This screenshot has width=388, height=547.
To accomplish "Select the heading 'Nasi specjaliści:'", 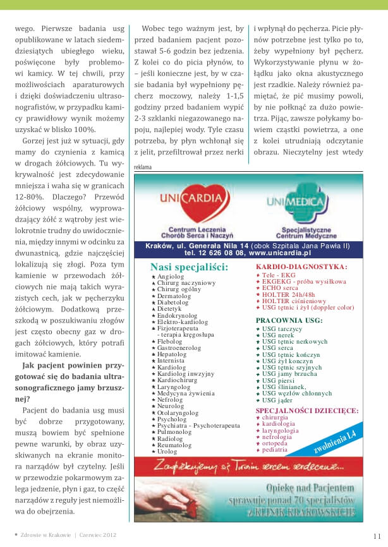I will point(189,267).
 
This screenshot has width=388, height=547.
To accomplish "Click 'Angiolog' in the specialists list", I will point(170,277).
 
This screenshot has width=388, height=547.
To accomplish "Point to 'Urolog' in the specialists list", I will point(167,452).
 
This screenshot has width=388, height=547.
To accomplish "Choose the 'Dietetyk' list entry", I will point(169,308).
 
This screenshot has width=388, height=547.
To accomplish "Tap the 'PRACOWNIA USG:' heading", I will point(289,320).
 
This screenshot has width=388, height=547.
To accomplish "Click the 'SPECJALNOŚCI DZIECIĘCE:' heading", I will point(306,411).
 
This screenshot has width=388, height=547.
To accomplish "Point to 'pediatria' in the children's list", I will point(276,450).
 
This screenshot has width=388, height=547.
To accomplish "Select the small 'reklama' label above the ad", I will point(143,167).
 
